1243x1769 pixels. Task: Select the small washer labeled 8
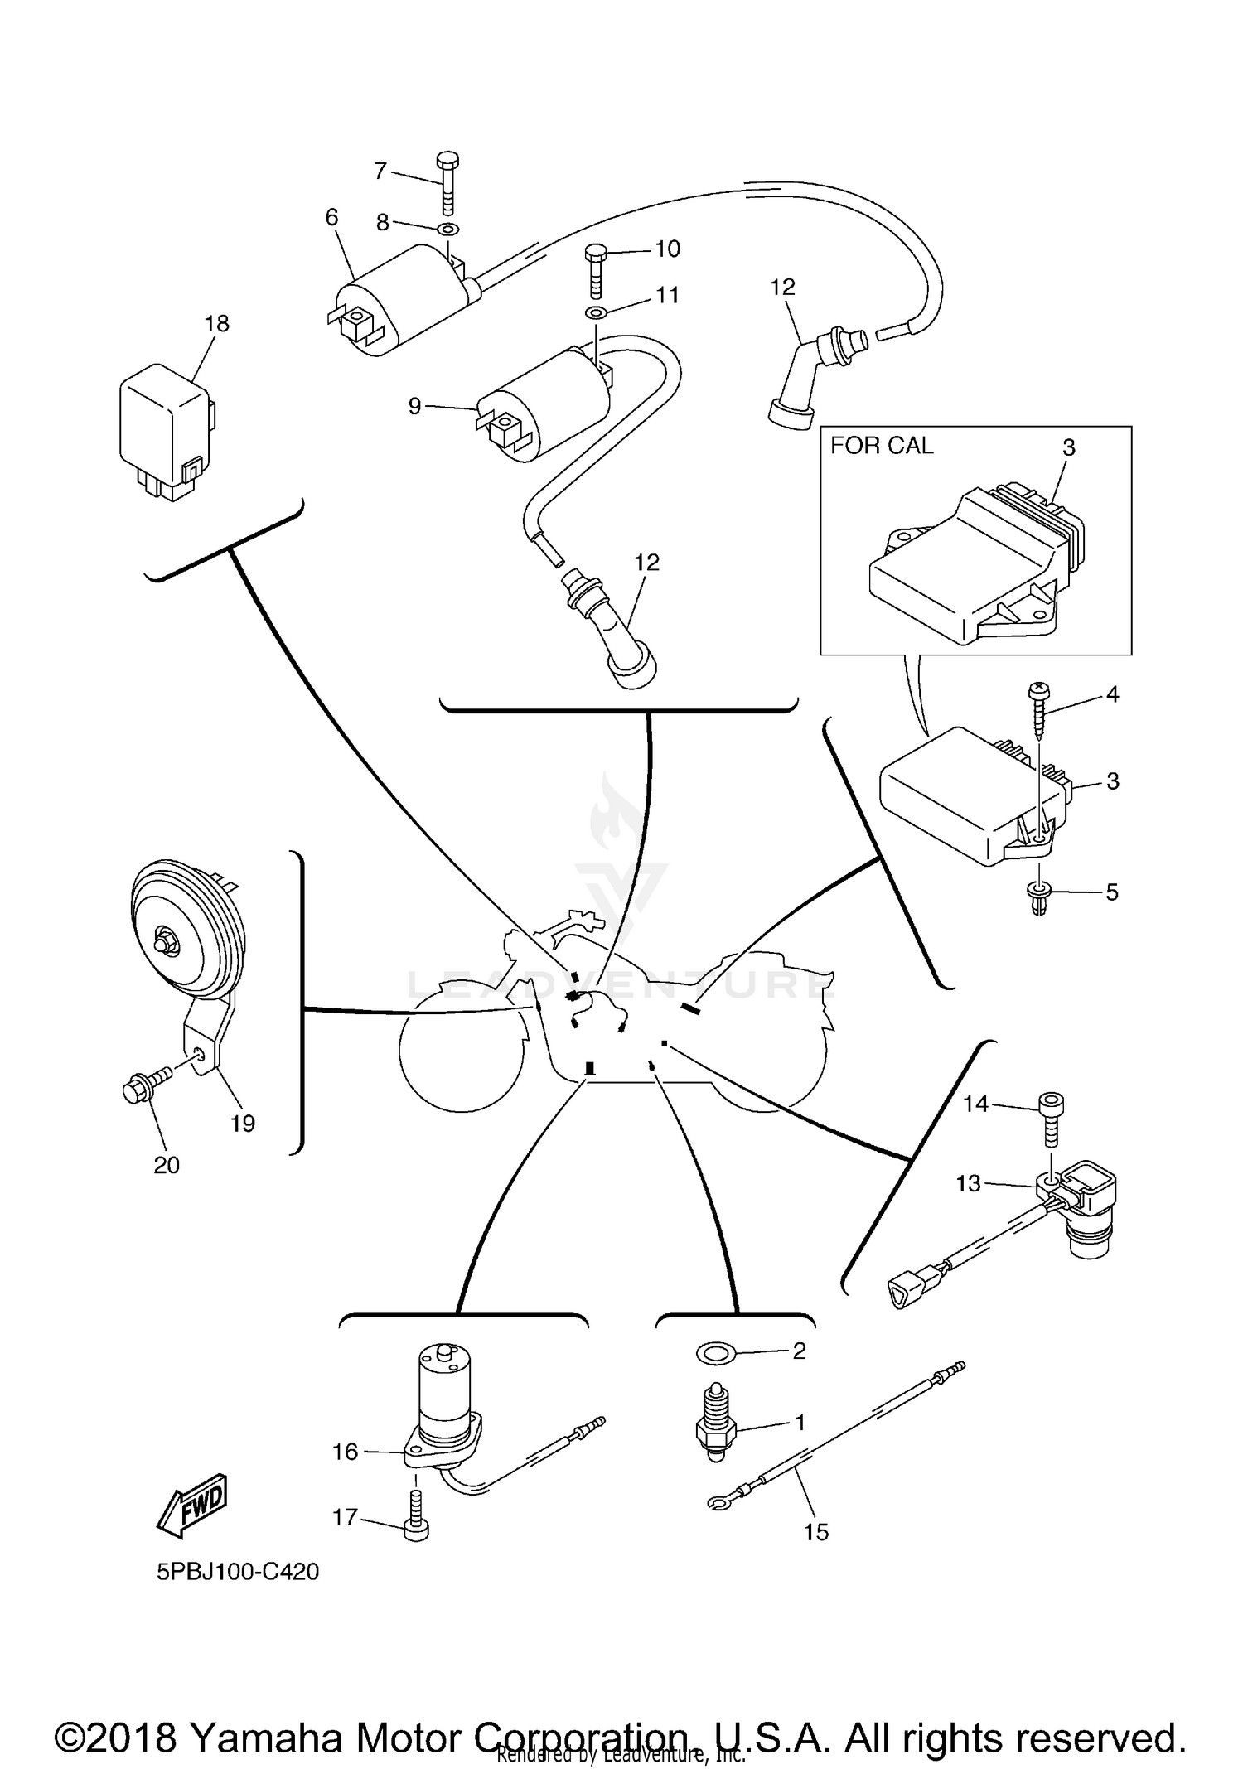pos(447,230)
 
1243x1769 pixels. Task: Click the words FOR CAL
pos(882,446)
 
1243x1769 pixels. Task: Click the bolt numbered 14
pos(1050,1120)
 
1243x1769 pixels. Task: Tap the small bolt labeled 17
pos(417,1515)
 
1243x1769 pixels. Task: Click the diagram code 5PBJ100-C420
pos(238,1571)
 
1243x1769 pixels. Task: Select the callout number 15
pos(815,1532)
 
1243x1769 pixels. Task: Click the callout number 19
pos(243,1124)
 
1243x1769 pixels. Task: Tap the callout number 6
pos(331,217)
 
